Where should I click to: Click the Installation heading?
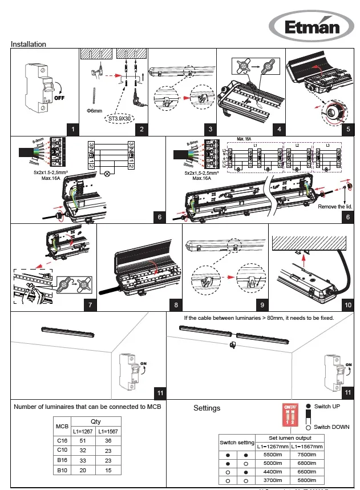point(29,44)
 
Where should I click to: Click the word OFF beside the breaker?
point(59,97)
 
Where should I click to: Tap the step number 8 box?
point(176,305)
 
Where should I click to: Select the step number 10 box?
point(348,305)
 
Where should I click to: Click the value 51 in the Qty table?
point(84,441)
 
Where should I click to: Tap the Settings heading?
point(207,408)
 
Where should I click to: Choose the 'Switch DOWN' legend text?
point(333,427)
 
